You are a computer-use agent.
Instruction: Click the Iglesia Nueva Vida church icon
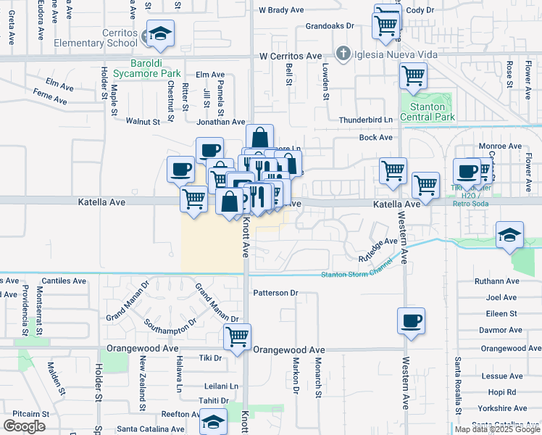coord(343,54)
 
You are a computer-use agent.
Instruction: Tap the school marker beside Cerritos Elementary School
coord(160,34)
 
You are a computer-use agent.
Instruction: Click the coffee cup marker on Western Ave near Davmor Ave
coord(412,320)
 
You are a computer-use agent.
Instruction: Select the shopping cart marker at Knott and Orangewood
coord(238,336)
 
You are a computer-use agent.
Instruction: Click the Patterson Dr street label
coord(275,293)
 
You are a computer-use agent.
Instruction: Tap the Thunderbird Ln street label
coord(365,120)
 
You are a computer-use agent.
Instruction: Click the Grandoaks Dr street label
coord(329,25)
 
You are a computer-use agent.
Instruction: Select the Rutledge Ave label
coord(379,250)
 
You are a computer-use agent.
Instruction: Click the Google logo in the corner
coord(24,426)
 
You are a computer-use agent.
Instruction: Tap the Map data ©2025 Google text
coord(496,429)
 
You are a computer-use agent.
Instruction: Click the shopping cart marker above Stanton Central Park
coord(413,75)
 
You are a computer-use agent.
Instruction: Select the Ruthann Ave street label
coord(497,281)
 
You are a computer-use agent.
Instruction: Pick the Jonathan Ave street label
coord(222,123)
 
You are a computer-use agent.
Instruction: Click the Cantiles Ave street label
coord(64,281)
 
